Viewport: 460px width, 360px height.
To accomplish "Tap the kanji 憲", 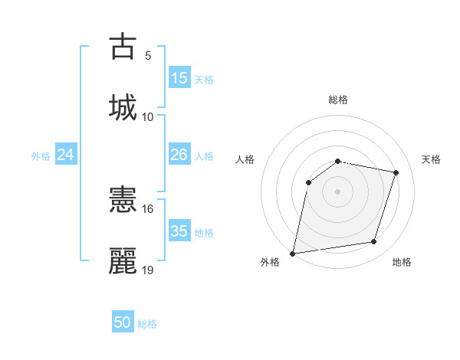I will [123, 201].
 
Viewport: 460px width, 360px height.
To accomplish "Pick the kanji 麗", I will [123, 260].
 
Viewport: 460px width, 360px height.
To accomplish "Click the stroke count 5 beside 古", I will [148, 55].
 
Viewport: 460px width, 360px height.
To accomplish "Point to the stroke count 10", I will [148, 116].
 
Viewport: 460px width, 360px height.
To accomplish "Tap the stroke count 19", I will [148, 270].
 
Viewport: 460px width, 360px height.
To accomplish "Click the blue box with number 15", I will [179, 78].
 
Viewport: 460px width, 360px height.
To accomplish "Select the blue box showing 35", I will [179, 231].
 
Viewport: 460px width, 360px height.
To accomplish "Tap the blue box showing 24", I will [66, 155].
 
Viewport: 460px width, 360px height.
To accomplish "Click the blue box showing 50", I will [123, 322].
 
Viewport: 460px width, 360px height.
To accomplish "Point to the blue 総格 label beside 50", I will [147, 324].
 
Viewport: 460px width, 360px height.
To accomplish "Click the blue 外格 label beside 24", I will [41, 156].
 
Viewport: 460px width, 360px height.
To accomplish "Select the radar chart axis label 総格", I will [337, 100].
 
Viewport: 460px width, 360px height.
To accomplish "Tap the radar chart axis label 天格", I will [432, 159].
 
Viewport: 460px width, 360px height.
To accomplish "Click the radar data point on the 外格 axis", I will [293, 253].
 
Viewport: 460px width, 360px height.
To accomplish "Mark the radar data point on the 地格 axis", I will [374, 242].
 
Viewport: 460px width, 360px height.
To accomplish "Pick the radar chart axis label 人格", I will [245, 159].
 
